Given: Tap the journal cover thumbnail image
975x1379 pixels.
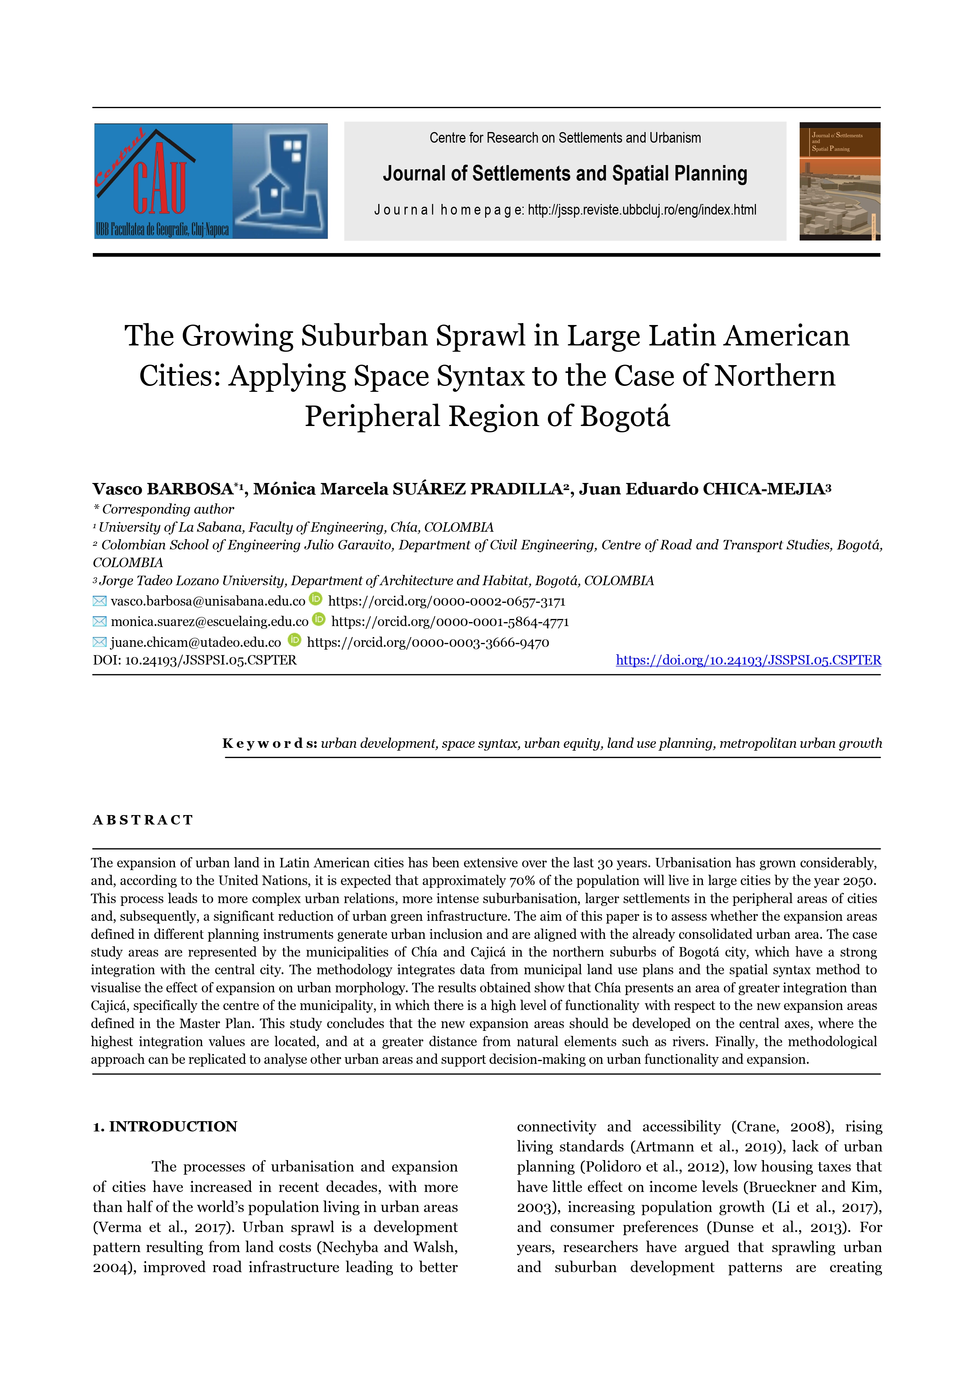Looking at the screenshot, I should (839, 182).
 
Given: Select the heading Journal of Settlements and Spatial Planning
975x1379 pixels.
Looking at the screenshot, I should (565, 174).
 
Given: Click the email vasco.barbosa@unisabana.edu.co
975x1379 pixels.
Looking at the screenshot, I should (208, 601).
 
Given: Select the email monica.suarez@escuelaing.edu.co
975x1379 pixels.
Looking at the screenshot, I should (209, 622).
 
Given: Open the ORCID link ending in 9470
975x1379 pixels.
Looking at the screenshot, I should (428, 642).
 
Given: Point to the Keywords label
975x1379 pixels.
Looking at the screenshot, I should (270, 744).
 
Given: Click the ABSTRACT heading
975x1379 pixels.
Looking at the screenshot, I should (143, 821).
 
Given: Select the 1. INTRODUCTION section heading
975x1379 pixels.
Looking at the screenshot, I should (165, 1127).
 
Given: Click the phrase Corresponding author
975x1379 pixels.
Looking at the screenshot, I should (167, 509).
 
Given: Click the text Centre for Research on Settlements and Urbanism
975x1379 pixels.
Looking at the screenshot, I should (565, 138).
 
